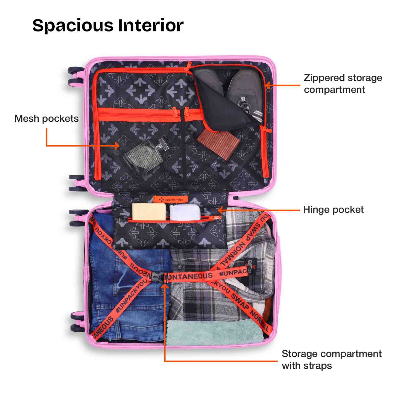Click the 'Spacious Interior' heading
point(108,25)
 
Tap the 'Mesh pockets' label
point(46,119)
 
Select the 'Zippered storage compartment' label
point(343,84)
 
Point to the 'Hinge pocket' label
point(333,210)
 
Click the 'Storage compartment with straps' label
point(331,359)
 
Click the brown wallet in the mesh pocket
point(219,144)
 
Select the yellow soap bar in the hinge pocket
point(149,211)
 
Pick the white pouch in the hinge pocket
point(184,212)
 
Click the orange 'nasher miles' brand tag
point(170,200)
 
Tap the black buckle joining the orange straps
point(158,277)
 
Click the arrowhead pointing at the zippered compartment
point(267,85)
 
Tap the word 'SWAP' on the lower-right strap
point(240,302)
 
